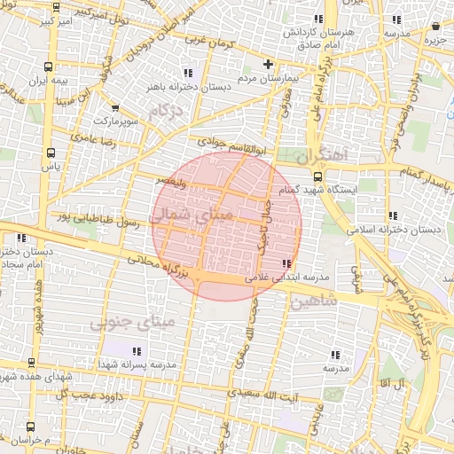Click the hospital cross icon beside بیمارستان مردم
269,65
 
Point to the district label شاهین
314,302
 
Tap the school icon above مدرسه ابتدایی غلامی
286,263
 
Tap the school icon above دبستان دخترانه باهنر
187,74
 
